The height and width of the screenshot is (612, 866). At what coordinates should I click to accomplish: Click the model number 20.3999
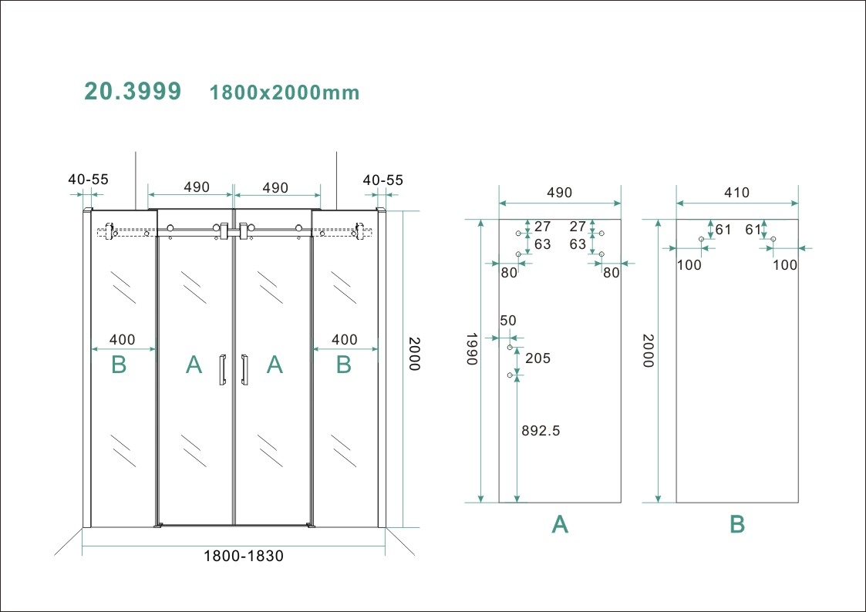pos(133,91)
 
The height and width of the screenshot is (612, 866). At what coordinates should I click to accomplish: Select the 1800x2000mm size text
pos(285,92)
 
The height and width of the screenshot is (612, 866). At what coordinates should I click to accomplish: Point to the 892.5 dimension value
pos(541,431)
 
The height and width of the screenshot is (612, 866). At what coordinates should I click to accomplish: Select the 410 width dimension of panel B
pos(736,193)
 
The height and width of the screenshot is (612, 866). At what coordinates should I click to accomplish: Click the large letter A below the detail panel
pos(560,525)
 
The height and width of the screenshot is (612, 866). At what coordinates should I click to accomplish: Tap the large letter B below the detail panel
pos(737,525)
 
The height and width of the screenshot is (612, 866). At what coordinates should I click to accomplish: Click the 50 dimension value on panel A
pos(508,320)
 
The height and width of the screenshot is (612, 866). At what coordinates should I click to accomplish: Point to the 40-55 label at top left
pos(88,180)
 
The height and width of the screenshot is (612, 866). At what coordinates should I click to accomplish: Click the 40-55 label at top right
pos(382,180)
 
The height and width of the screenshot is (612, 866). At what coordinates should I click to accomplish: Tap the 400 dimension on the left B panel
pos(122,339)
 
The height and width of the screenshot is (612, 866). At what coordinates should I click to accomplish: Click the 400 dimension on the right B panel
pos(344,339)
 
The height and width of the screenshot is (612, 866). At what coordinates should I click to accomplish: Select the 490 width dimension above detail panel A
pos(560,193)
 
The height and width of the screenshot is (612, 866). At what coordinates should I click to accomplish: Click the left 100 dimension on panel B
pos(689,264)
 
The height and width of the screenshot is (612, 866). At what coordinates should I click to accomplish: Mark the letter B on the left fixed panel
pos(119,365)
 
